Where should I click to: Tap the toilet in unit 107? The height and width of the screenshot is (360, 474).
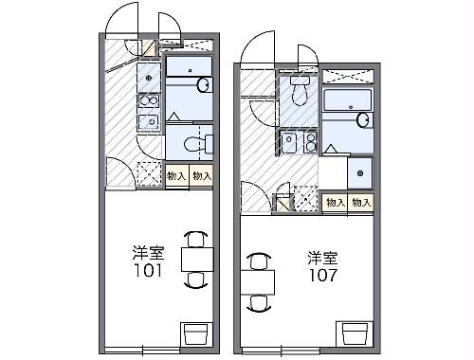300,91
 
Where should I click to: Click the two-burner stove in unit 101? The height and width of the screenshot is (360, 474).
148,99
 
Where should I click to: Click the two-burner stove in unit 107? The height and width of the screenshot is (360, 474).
290,143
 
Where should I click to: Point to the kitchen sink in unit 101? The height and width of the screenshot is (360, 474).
148,122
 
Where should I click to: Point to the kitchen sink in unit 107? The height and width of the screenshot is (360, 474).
308,143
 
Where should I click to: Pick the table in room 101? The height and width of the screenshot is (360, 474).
194,259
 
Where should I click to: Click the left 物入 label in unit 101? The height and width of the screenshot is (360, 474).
176,175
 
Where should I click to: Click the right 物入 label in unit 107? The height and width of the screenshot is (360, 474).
360,202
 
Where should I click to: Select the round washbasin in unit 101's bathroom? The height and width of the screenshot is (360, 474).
202,84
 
